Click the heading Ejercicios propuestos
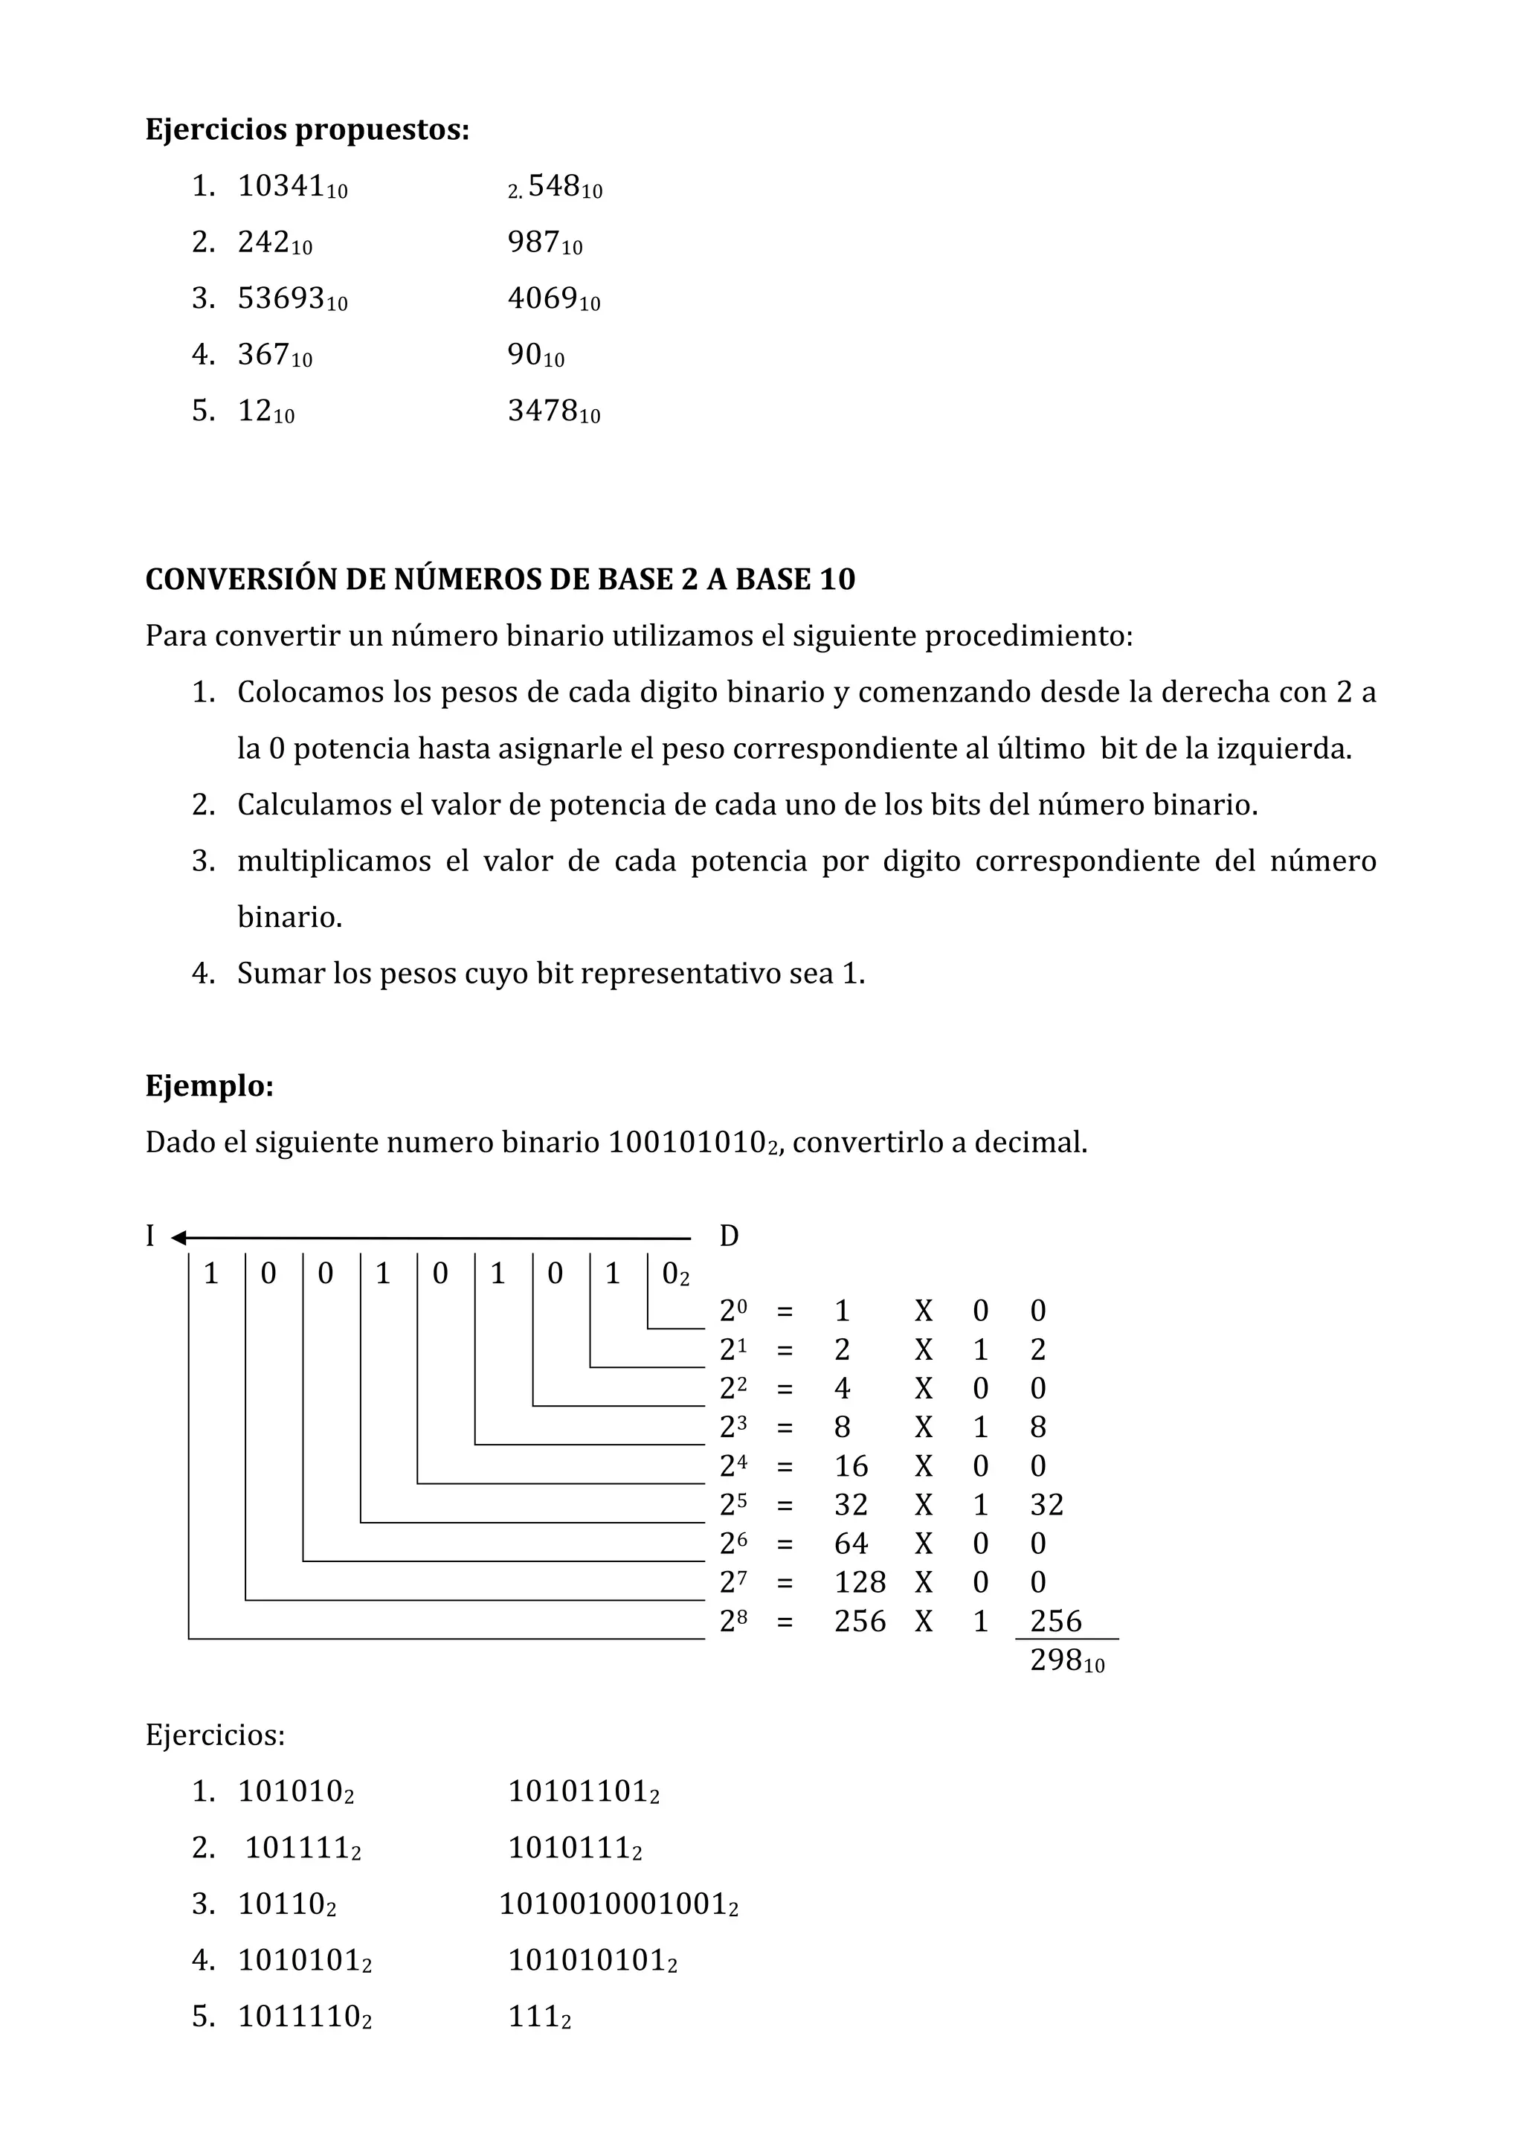click(307, 129)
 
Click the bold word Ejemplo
click(209, 1086)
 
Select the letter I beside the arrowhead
click(150, 1236)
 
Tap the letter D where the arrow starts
click(729, 1236)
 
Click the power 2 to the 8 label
click(733, 1621)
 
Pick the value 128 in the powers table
click(860, 1582)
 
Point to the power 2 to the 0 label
click(733, 1310)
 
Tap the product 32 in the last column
click(1046, 1505)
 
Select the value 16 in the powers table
click(851, 1466)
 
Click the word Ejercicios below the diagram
click(215, 1735)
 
